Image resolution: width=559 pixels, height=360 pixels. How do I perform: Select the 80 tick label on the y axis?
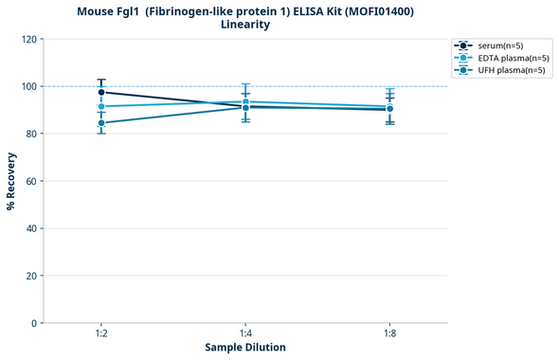point(31,134)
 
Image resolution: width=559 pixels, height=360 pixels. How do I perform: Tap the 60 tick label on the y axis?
point(31,181)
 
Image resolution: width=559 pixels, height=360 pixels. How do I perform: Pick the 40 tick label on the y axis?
point(31,228)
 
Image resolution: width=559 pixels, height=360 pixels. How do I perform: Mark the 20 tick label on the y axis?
point(31,276)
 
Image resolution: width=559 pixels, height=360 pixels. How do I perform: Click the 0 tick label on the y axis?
point(34,323)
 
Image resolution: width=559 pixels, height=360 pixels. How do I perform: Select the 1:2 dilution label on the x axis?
point(101,333)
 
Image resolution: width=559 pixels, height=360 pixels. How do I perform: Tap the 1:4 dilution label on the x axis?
point(245,333)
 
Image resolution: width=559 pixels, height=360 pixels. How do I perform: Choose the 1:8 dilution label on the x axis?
point(389,333)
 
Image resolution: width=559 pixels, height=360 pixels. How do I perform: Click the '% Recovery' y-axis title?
point(11,181)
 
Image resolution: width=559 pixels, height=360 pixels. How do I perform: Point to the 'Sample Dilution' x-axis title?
point(245,348)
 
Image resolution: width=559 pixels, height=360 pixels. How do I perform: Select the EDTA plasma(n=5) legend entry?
point(503,58)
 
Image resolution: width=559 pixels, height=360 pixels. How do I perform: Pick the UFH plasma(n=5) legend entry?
point(502,70)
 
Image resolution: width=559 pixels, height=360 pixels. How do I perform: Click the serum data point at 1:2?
point(101,92)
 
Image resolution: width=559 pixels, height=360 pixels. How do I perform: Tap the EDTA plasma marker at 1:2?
point(101,106)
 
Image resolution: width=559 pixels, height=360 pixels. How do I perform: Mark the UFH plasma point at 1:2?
point(101,123)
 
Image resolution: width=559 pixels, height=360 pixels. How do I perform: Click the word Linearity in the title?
point(244,25)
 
